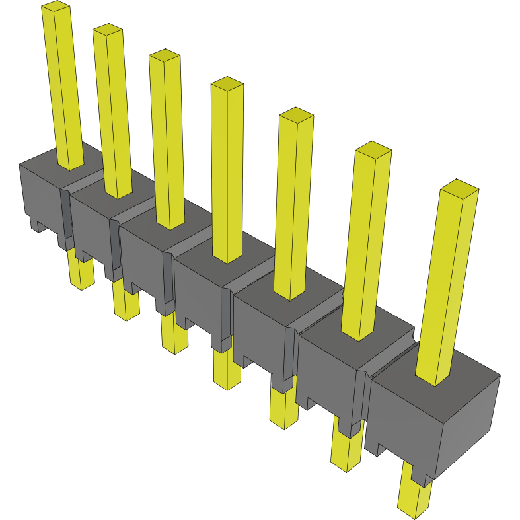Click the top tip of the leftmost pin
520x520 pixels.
[x=56, y=7]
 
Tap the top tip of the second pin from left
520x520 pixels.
[x=107, y=28]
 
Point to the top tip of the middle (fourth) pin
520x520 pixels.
[x=227, y=83]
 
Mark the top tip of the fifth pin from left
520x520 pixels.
[x=296, y=114]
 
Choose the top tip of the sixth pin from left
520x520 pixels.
[x=373, y=148]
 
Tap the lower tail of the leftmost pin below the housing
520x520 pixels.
[x=80, y=274]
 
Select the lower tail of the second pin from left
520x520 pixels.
[x=126, y=304]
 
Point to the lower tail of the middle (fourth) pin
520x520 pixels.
[x=227, y=370]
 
